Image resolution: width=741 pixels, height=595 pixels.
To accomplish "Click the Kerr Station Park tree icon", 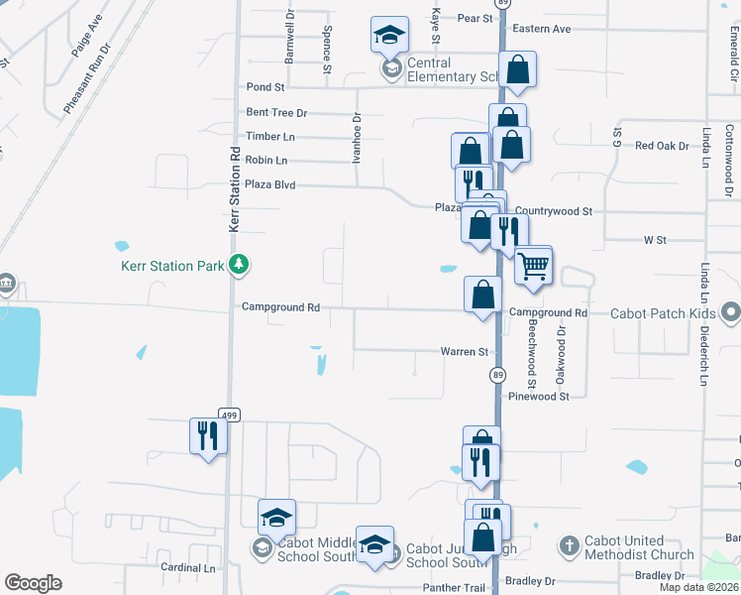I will coord(238,265).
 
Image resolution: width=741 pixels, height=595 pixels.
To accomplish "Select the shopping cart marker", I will coord(533,267).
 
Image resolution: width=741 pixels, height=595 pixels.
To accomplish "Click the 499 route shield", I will coord(229,416).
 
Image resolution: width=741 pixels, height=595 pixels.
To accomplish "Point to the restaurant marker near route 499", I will coord(208,435).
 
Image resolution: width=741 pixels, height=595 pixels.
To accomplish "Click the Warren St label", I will coord(465,352).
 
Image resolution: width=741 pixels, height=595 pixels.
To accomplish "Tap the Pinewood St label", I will coord(539,396).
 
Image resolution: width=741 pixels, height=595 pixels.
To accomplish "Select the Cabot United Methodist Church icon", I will coord(569,545).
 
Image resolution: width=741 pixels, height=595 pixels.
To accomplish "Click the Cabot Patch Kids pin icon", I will coord(731,313).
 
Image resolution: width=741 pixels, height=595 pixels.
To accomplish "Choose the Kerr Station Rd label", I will coord(235,190).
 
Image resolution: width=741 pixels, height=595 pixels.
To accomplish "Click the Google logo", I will coord(33,583).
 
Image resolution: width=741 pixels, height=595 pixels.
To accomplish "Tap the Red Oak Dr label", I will coord(662,146).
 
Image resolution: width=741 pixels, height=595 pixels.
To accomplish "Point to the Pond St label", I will coord(265,87).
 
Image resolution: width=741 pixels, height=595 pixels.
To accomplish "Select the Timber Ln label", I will coord(270,137).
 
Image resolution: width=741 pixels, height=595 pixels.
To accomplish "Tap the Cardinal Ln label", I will coord(188,568).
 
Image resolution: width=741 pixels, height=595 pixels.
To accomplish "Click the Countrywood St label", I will coord(553,211).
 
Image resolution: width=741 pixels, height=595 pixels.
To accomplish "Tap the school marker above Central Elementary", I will coord(389,36).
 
